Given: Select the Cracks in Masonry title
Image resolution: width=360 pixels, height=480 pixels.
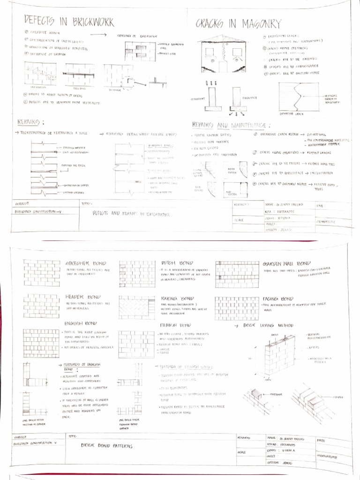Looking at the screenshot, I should (x=238, y=23).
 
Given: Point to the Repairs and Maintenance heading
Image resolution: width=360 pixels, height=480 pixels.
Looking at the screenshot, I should (x=230, y=125).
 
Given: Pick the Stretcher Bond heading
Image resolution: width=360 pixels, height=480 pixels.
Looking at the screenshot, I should (x=86, y=263).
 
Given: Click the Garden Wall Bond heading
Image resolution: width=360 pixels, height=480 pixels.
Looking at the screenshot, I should (x=287, y=263).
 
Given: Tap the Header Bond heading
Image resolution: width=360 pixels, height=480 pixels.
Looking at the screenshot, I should (x=83, y=297).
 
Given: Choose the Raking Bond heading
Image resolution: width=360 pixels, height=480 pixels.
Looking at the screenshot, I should (x=177, y=298).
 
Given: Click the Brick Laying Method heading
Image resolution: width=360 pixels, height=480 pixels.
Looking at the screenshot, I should (x=269, y=325).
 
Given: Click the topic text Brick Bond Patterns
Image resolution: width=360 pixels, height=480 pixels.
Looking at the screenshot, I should (x=106, y=446).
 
